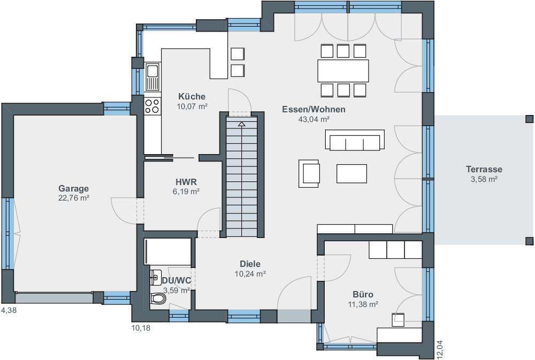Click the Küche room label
point(192,96)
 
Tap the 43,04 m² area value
point(314,119)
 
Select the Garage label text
point(74,188)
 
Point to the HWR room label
point(186,182)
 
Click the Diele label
point(250,264)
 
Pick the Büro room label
point(363,294)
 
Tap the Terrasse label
point(484,169)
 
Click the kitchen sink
point(152,77)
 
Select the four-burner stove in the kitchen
point(152,105)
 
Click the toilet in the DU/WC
point(158,299)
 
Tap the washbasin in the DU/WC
point(156,277)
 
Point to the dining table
point(343,71)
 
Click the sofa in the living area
point(355,140)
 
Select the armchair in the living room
point(309,173)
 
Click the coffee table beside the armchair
point(352,174)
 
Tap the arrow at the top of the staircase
point(242,124)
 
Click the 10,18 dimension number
point(141,328)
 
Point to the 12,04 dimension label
point(439,349)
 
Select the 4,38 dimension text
point(9,311)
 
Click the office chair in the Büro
point(398,320)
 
